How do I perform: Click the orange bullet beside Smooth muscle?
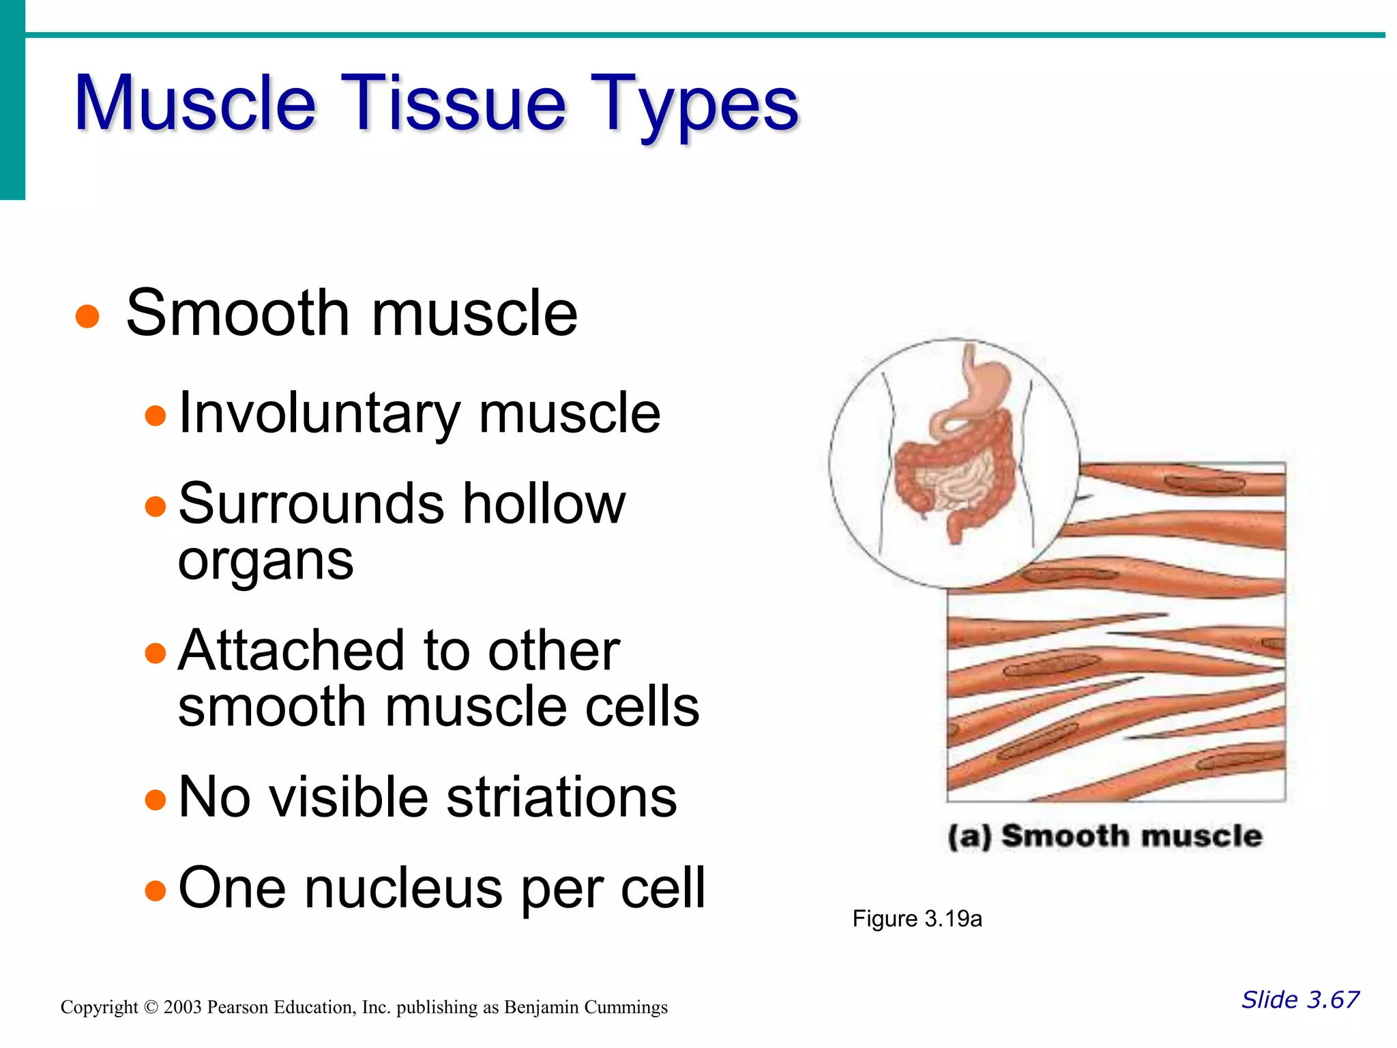point(87,317)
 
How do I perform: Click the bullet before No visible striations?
point(156,799)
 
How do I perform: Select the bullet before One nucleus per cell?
point(156,890)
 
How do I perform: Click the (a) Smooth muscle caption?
point(1105,836)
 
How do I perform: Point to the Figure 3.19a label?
point(917,919)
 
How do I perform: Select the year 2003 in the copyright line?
point(182,1008)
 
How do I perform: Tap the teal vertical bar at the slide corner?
point(12,100)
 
